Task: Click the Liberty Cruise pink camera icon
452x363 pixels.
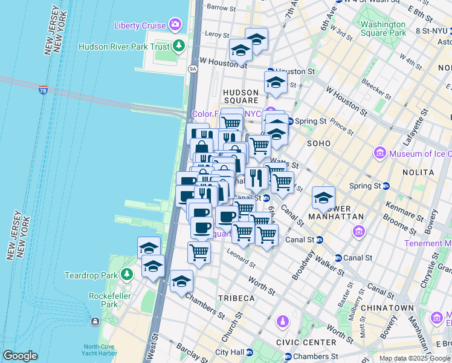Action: [176, 25]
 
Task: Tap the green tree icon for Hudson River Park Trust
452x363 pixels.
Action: [179, 45]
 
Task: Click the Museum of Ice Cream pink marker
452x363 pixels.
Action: [380, 154]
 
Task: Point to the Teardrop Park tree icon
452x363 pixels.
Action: [127, 275]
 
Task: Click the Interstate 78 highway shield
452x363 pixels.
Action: [43, 90]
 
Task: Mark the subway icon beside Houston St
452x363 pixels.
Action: [270, 71]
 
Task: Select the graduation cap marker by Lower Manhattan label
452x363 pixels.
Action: [323, 198]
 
